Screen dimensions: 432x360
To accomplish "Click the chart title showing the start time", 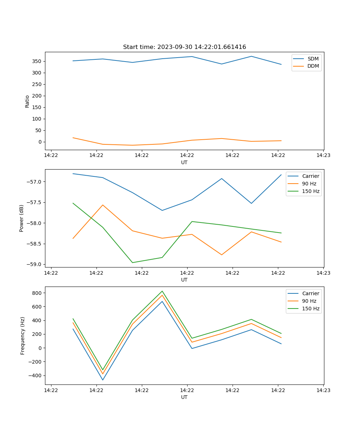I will (184, 47).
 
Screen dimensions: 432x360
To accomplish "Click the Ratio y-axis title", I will (27, 101).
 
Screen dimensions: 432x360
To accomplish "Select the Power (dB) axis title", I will (22, 218).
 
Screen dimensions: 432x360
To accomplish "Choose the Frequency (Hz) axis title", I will (22, 336).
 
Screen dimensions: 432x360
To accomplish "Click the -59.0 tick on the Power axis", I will (34, 264).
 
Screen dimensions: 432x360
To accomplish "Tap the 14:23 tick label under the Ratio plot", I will (323, 156).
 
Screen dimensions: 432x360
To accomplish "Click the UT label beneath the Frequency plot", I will (184, 397).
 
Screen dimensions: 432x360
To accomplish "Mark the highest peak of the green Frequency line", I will (162, 291).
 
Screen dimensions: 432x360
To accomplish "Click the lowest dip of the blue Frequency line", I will (103, 380).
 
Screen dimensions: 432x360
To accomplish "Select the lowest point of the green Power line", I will (132, 262).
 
